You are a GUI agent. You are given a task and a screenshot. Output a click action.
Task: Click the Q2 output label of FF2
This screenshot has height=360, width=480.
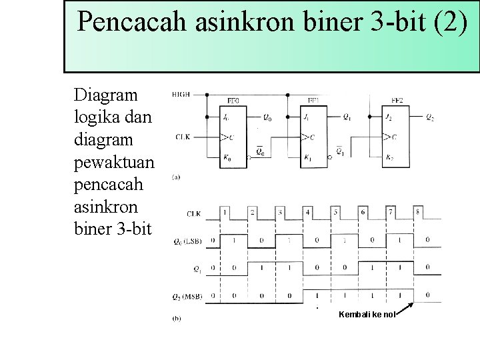tap(429, 118)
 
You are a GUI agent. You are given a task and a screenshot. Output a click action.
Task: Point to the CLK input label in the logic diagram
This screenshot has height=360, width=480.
tap(183, 137)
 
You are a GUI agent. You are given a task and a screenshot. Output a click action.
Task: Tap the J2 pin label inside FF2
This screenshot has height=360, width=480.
tap(388, 118)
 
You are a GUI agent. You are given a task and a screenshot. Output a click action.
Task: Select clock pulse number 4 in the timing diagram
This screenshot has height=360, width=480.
tap(308, 212)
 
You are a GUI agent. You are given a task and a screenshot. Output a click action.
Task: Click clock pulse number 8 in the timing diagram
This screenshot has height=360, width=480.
tap(418, 212)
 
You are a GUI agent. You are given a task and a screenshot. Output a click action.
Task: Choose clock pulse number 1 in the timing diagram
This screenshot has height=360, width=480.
tap(225, 212)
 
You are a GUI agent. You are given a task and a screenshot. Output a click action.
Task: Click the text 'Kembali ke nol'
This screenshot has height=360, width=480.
tap(367, 314)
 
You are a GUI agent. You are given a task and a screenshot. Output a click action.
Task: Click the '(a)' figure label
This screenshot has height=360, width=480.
tap(175, 177)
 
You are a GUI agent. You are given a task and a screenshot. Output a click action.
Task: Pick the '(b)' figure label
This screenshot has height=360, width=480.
tap(176, 319)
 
